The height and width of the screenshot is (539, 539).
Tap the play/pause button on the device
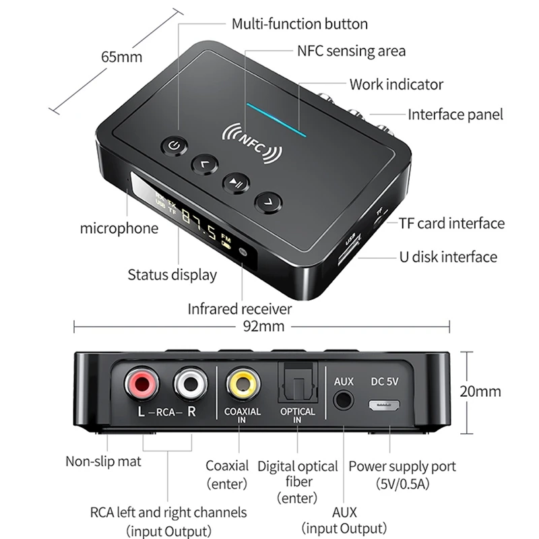236,181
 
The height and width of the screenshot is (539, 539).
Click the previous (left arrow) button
205,162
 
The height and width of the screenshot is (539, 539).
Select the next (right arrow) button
268,200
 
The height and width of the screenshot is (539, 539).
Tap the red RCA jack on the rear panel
141,385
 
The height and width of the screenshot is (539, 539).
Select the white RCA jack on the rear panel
191,385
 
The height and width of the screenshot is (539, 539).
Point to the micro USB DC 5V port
385,406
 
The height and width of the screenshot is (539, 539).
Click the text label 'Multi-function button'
300,24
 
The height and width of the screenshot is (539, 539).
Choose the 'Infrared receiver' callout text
239,309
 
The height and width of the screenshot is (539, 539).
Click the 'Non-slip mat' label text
103,462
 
